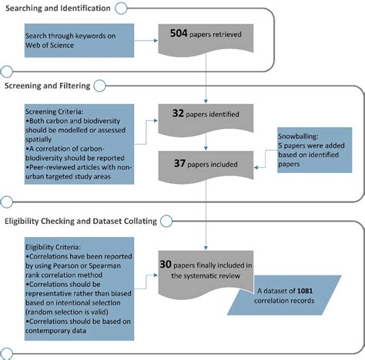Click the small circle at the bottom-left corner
[7, 352]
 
